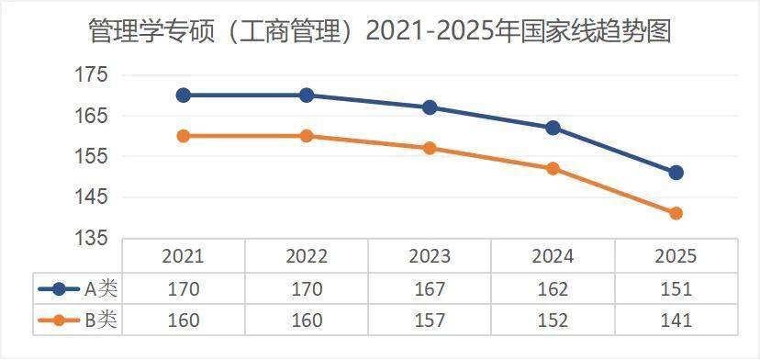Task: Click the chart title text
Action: [x=380, y=31]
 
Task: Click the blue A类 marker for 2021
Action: [x=184, y=95]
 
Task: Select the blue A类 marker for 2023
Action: [x=430, y=107]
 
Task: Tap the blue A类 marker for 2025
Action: [x=676, y=173]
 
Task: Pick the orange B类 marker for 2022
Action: [x=307, y=136]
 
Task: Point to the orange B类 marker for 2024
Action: [x=553, y=169]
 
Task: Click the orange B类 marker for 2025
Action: [x=676, y=213]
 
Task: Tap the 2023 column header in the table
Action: [x=430, y=256]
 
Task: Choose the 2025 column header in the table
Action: [x=676, y=256]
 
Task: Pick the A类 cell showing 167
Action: [x=430, y=288]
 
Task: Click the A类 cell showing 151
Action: [x=676, y=288]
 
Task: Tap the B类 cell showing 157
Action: [x=430, y=320]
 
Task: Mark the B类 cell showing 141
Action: [x=676, y=320]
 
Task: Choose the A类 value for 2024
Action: [x=553, y=288]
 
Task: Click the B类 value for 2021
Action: [x=184, y=320]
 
